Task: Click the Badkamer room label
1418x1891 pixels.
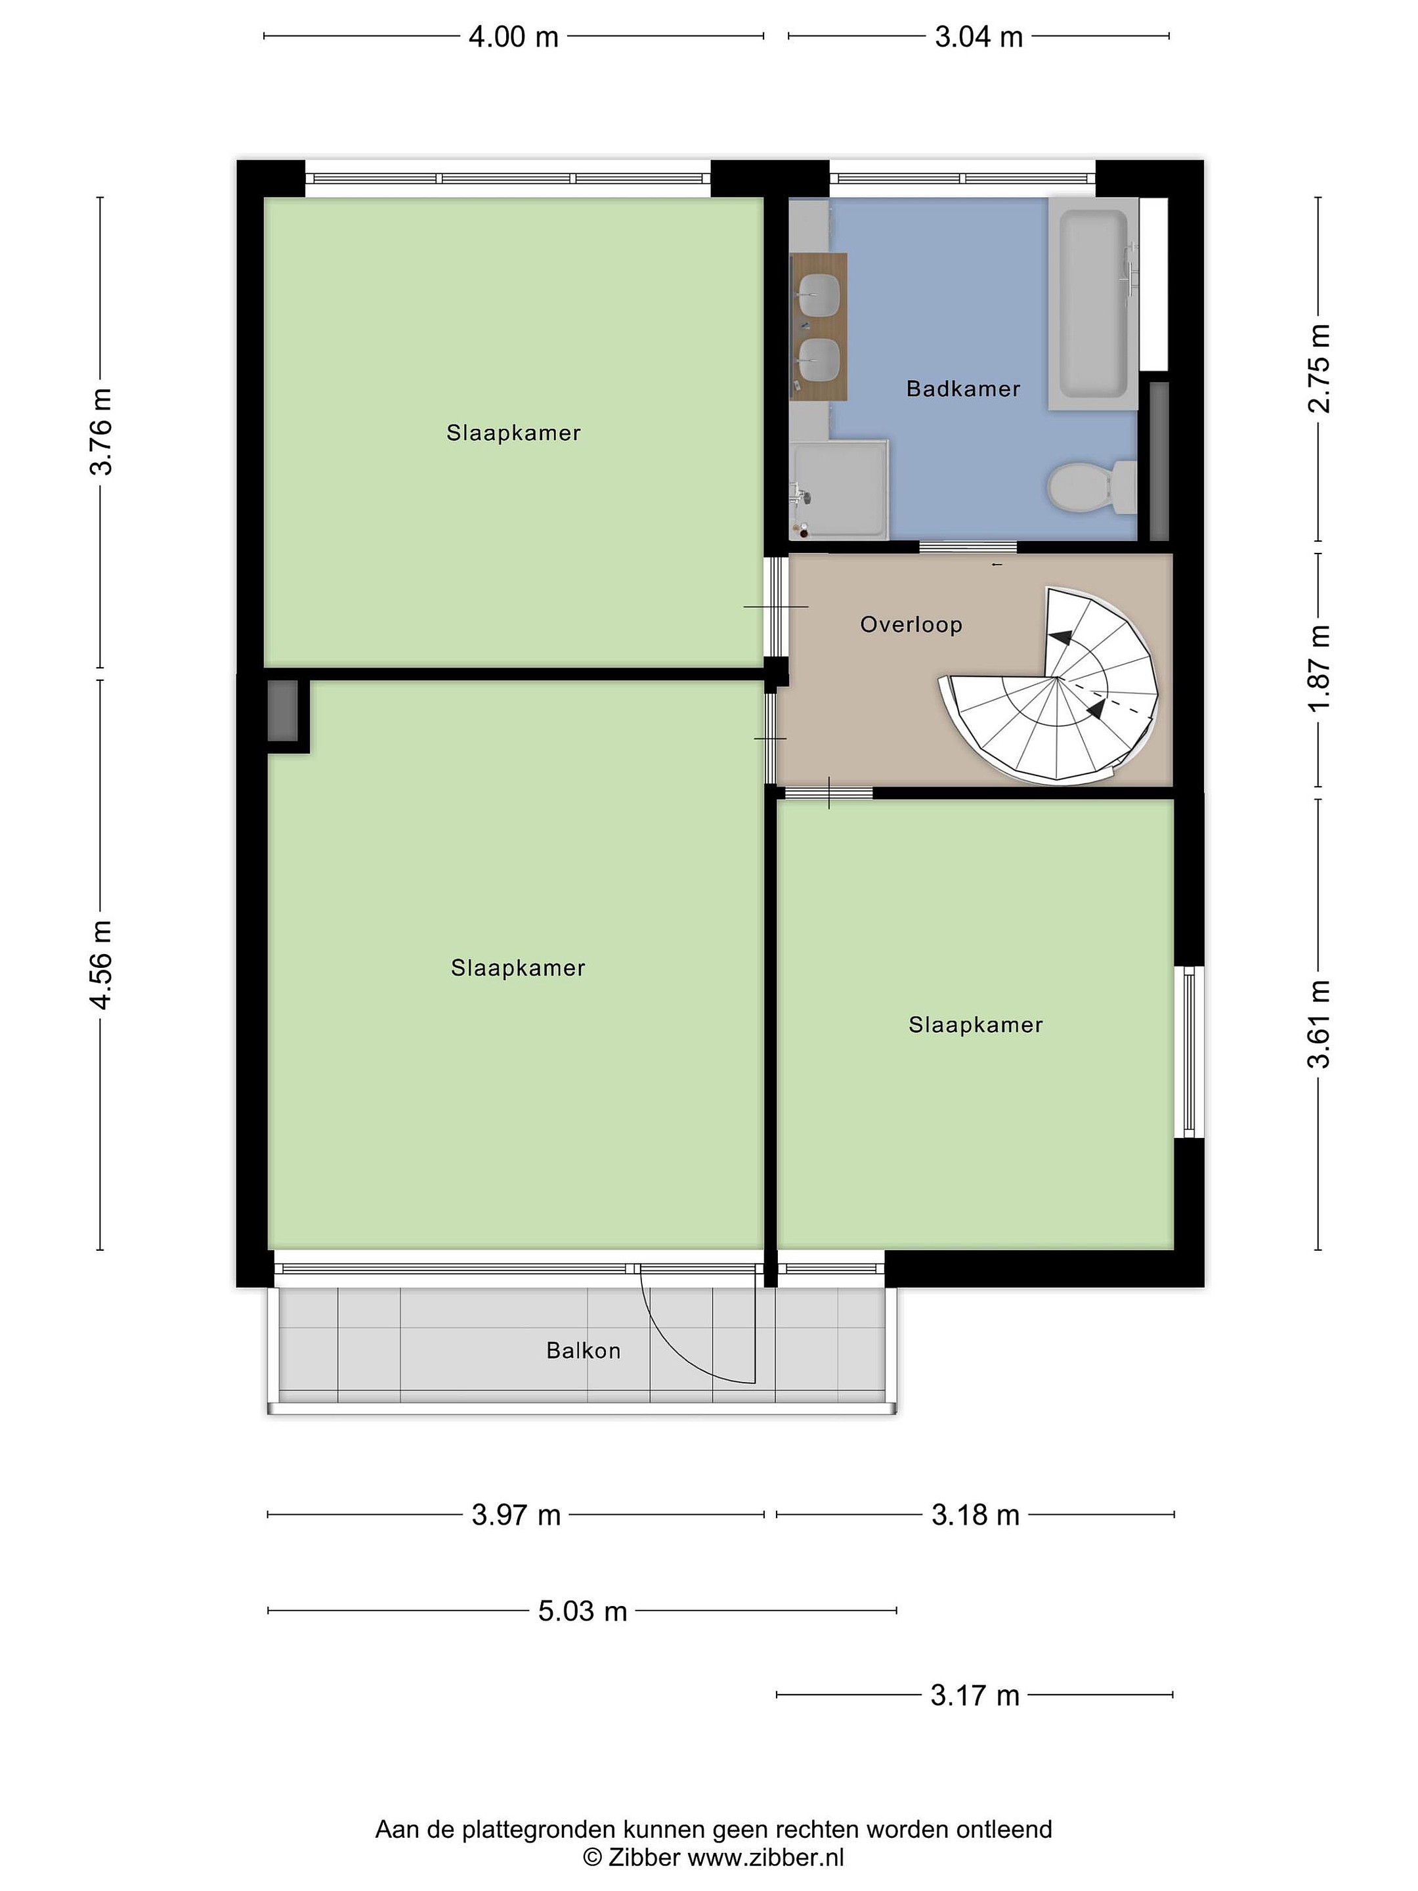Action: (x=962, y=389)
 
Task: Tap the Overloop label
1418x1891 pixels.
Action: (x=911, y=625)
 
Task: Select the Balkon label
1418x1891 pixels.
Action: (x=583, y=1351)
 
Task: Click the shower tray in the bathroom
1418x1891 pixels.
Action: (x=840, y=490)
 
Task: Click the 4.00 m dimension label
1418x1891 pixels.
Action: (x=513, y=37)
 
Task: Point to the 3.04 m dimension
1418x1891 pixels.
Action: (x=979, y=37)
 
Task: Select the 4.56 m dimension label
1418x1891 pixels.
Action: (x=101, y=965)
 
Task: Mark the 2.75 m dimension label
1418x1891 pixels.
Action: (x=1320, y=368)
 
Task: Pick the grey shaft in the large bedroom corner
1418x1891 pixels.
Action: (x=283, y=710)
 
